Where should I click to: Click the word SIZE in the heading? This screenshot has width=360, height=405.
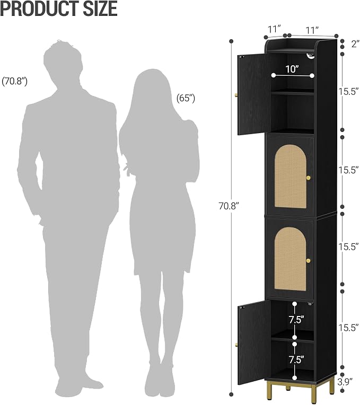(100, 8)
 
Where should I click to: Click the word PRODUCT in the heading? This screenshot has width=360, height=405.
(40, 8)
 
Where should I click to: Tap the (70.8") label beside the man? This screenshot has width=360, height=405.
(14, 81)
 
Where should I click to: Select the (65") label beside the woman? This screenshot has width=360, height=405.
(186, 98)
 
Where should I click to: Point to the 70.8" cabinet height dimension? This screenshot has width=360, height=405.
(229, 206)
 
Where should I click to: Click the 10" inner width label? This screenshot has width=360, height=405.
(292, 69)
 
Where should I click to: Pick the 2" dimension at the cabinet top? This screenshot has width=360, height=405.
(355, 44)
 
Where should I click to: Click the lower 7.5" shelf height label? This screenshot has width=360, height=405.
(296, 359)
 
